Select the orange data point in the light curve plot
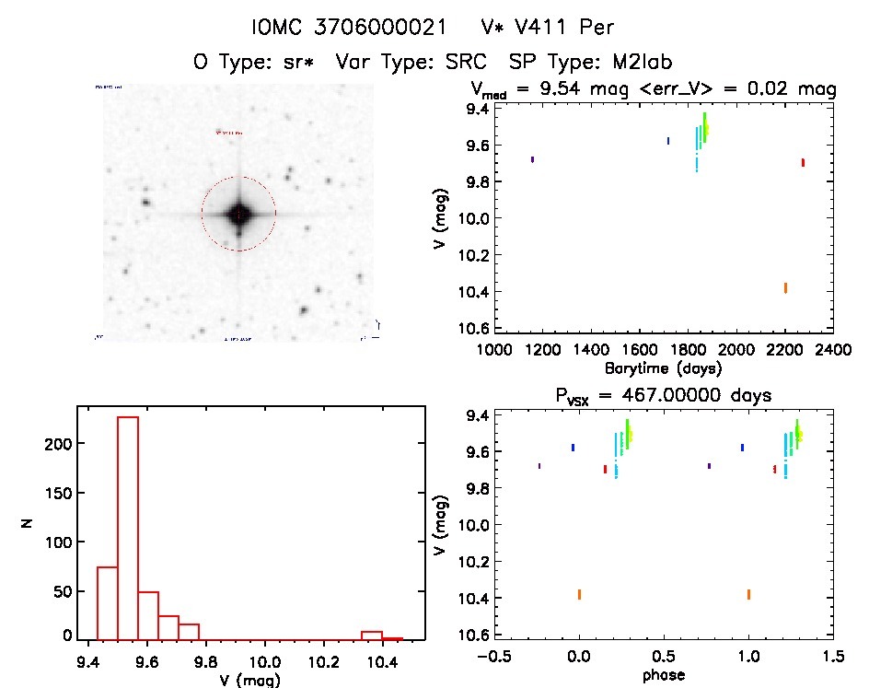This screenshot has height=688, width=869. tap(785, 287)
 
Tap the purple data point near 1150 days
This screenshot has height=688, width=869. tap(532, 159)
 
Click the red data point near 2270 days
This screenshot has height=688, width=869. tap(803, 162)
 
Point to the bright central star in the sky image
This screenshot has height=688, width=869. tap(238, 214)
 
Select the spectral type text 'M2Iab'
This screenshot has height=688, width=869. tap(641, 62)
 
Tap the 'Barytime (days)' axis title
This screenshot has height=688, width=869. tap(663, 367)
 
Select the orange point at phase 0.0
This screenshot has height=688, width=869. tap(579, 594)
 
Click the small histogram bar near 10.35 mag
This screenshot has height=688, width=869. tap(372, 635)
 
